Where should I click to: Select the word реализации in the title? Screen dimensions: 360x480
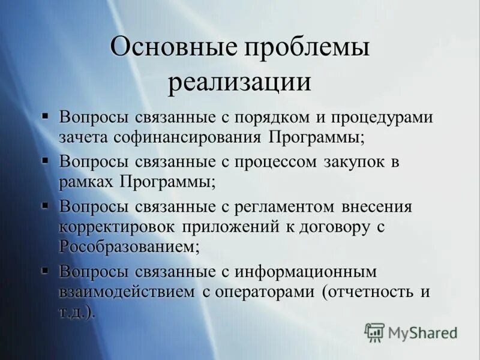(x=239, y=83)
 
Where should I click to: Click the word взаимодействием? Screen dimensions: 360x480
(x=127, y=292)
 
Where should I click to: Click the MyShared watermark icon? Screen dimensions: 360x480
(x=374, y=332)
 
